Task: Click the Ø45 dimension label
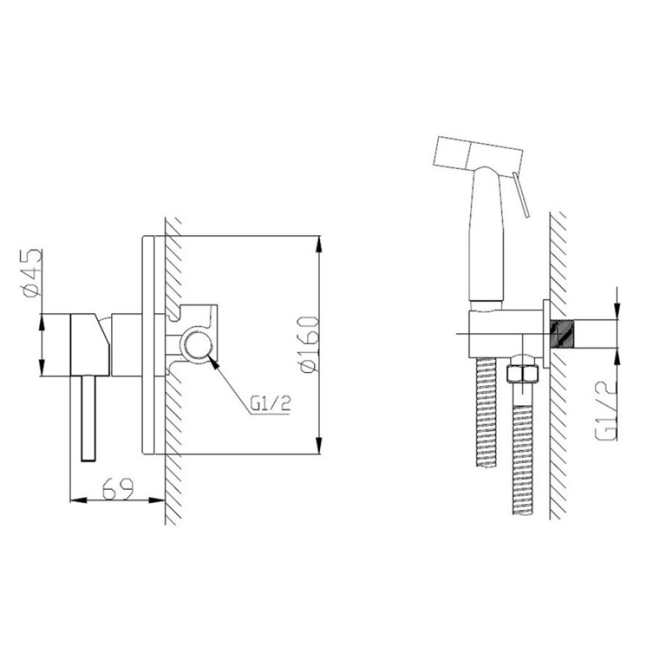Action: click(x=33, y=274)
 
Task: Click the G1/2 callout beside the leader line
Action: click(x=271, y=403)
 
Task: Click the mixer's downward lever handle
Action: click(x=89, y=418)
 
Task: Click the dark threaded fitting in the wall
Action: click(x=563, y=334)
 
